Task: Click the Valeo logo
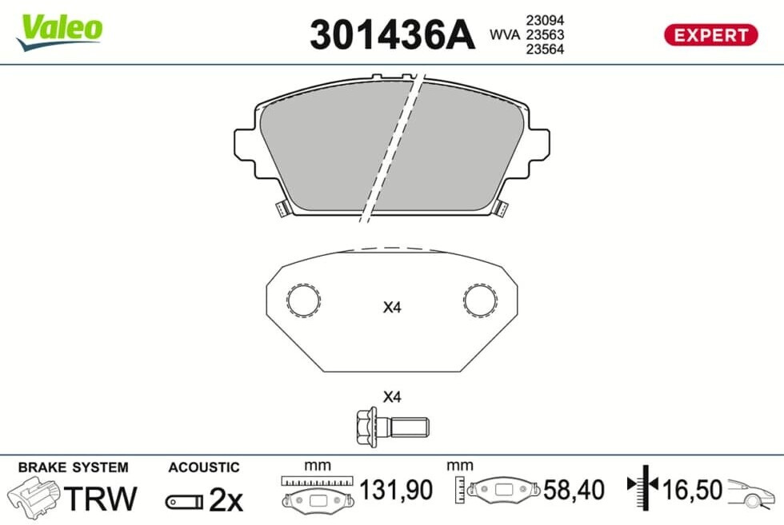coord(59,32)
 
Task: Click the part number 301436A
coord(391,35)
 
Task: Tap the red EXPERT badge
coord(710,35)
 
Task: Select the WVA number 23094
coord(545,21)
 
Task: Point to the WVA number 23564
coord(545,49)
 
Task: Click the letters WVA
coord(505,34)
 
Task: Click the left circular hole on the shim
coord(303,300)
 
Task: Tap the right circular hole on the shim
coord(480,300)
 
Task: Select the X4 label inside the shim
coord(392,307)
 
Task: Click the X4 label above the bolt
coord(392,397)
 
